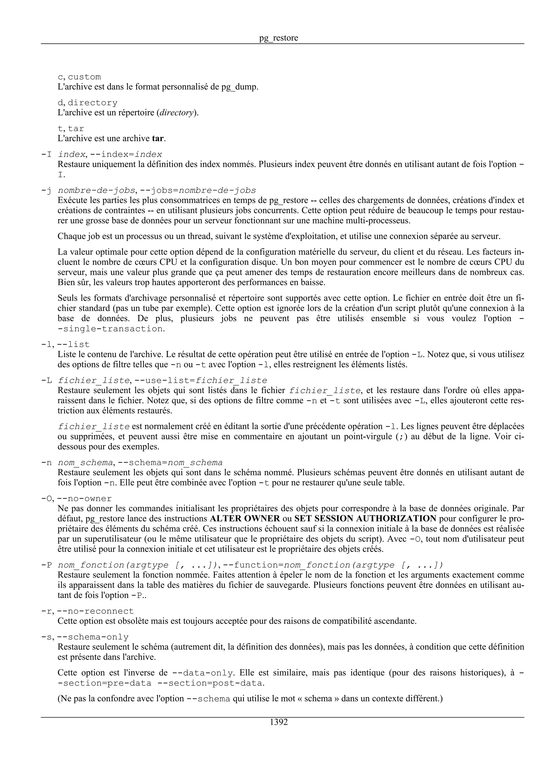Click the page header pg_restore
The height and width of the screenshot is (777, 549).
click(279, 38)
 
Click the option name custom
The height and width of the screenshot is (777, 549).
click(84, 77)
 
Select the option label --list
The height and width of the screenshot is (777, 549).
click(73, 345)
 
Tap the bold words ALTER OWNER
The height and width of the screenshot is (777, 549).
click(244, 519)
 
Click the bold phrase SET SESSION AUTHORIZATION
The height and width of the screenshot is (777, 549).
click(365, 519)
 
